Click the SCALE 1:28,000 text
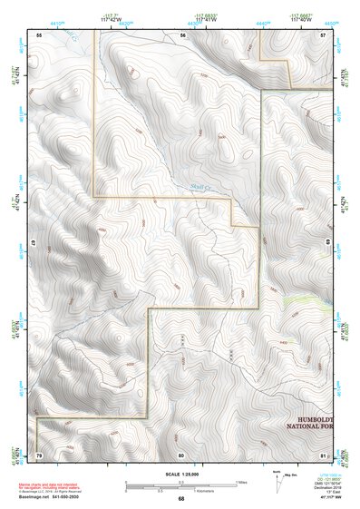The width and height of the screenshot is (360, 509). click(180, 474)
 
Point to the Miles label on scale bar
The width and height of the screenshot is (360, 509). click(241, 482)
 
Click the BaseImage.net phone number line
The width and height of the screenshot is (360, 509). click(52, 498)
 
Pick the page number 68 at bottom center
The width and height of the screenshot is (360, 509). click(181, 499)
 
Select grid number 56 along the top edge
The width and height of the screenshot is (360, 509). click(182, 34)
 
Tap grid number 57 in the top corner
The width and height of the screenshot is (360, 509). click(324, 34)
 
